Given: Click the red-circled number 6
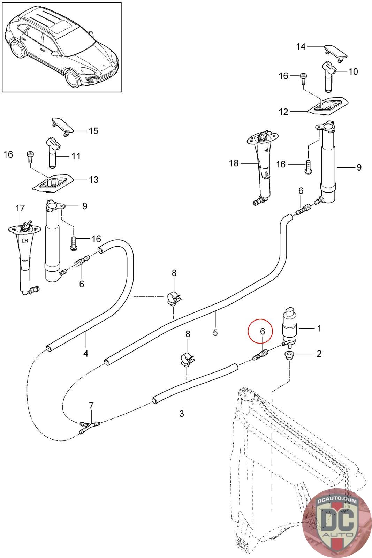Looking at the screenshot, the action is tap(262, 331).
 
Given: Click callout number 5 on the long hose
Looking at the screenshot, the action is tap(215, 333).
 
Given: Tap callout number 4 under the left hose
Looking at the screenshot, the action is tap(86, 353).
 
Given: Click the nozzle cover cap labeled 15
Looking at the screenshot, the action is tap(63, 127).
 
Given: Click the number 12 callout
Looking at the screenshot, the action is tap(283, 112).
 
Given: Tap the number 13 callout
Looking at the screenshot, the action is tap(94, 180).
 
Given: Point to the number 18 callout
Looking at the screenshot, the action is tap(234, 164).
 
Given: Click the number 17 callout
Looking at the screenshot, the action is tap(20, 208).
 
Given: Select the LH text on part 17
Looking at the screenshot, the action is tap(25, 241).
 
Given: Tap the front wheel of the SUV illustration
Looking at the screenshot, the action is tap(74, 78).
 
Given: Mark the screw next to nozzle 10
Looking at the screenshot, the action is tap(303, 79).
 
